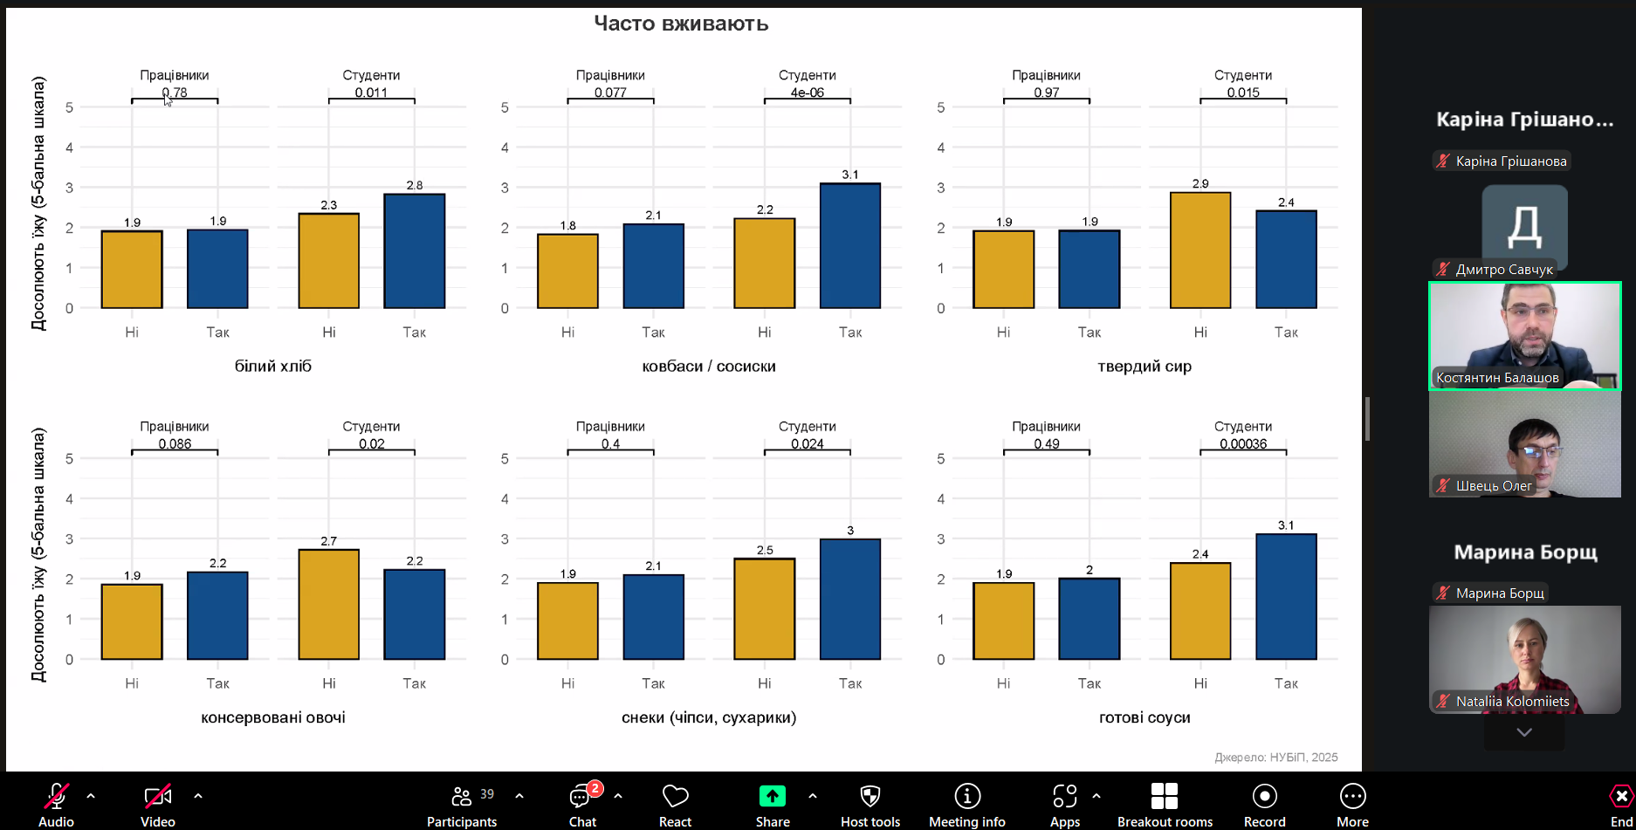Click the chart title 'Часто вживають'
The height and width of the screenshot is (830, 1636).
[x=681, y=24]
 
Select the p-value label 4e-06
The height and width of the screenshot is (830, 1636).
[x=807, y=93]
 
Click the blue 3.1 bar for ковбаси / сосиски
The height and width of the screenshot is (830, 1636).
[x=849, y=245]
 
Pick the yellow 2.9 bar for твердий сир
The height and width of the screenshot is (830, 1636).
[x=1200, y=250]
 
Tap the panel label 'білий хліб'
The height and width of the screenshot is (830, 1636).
[x=272, y=367]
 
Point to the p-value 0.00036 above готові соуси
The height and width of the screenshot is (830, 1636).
[x=1242, y=444]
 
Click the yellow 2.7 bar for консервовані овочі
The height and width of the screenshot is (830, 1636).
[x=328, y=604]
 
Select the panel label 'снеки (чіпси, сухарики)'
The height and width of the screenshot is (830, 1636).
[x=708, y=717]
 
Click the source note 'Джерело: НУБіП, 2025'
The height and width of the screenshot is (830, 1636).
[x=1275, y=757]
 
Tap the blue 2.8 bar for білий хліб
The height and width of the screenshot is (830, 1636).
[x=414, y=251]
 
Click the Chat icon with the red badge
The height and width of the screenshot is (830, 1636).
[x=580, y=796]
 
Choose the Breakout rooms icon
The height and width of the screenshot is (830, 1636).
[x=1164, y=796]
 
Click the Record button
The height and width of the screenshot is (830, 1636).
[x=1264, y=796]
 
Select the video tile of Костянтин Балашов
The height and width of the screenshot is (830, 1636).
[x=1524, y=335]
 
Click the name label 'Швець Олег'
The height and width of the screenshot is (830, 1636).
[x=1493, y=486]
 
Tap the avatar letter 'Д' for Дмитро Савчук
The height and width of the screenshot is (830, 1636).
[x=1524, y=226]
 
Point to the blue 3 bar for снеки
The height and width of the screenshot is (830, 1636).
[x=849, y=599]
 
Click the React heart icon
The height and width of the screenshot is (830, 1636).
[x=675, y=796]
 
